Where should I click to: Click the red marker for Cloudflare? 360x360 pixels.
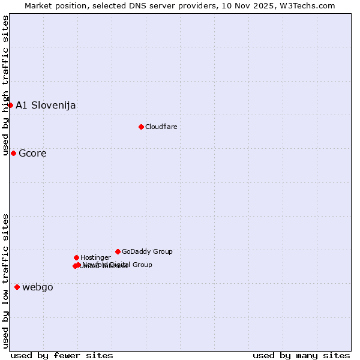pyautogui.click(x=141, y=127)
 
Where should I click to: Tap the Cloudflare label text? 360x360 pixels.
pyautogui.click(x=161, y=127)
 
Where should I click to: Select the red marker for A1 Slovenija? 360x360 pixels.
pyautogui.click(x=10, y=105)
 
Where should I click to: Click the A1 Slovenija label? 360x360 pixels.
pyautogui.click(x=46, y=106)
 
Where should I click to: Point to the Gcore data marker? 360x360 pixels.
pyautogui.click(x=13, y=153)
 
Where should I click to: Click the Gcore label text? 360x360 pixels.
pyautogui.click(x=32, y=154)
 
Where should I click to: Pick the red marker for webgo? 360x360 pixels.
pyautogui.click(x=17, y=287)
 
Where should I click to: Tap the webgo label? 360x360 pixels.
pyautogui.click(x=38, y=287)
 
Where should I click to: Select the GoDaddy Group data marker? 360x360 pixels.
pyautogui.click(x=118, y=251)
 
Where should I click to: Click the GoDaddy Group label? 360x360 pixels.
pyautogui.click(x=147, y=251)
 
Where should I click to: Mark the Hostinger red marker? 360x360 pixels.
pyautogui.click(x=76, y=257)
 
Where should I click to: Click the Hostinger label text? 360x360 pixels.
pyautogui.click(x=95, y=257)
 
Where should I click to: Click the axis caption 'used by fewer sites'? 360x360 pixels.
pyautogui.click(x=62, y=355)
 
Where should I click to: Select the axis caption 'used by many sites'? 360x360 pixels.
pyautogui.click(x=301, y=355)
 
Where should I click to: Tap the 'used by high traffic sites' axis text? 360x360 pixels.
pyautogui.click(x=5, y=85)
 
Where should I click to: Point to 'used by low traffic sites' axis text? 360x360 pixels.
pyautogui.click(x=5, y=281)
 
